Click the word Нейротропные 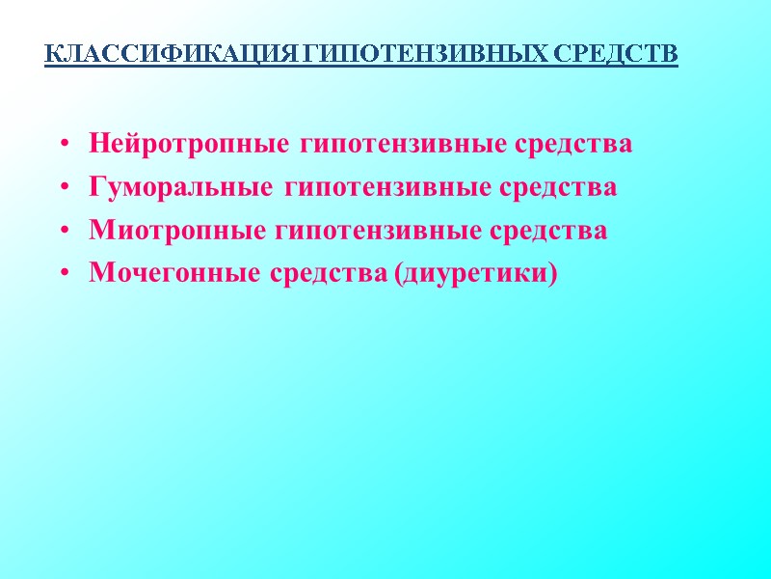tap(189, 145)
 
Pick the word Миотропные tap(178, 232)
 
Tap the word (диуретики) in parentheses tap(476, 275)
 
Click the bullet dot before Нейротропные tap(64, 146)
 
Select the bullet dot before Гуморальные tap(64, 189)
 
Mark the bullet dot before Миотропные tap(64, 233)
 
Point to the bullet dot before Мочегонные tap(64, 276)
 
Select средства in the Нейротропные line tap(570, 145)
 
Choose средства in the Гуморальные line tap(554, 188)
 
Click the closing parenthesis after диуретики tap(552, 276)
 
